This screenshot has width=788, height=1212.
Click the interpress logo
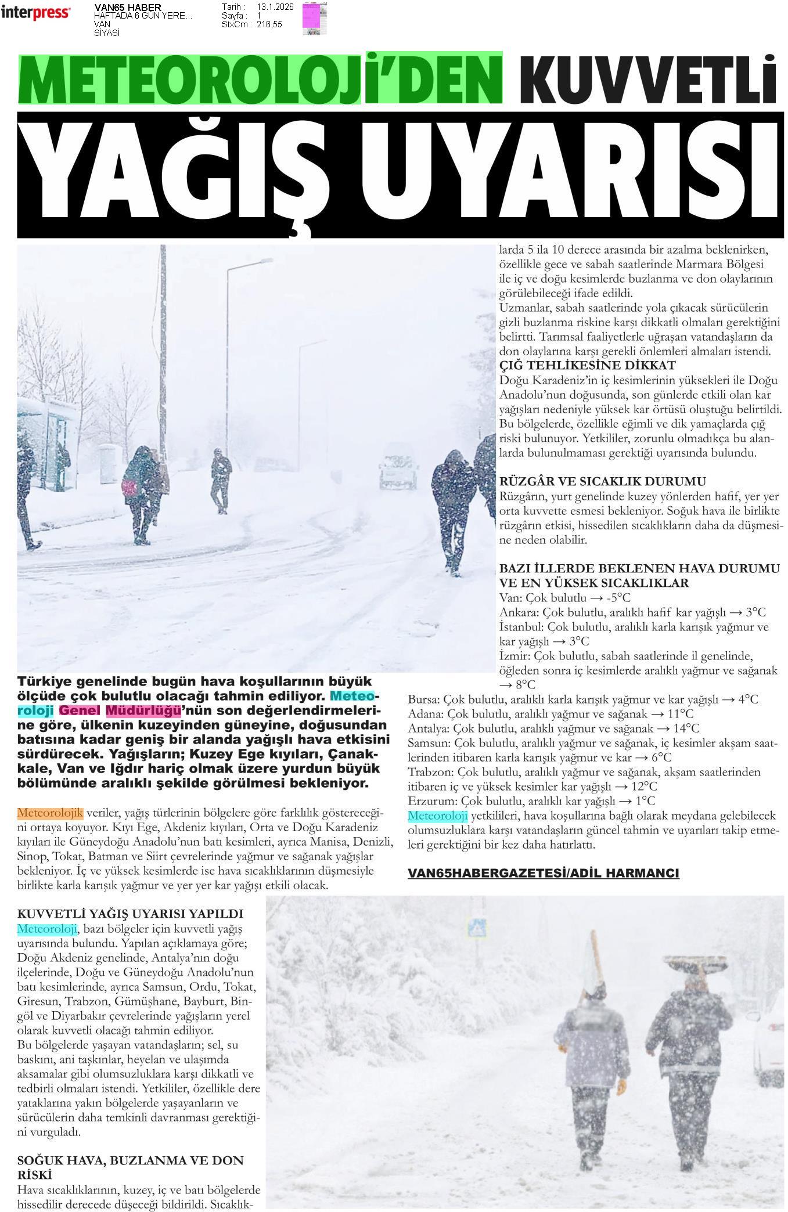35,13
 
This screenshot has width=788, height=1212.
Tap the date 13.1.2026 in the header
275,7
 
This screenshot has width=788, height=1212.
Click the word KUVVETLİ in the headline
647,80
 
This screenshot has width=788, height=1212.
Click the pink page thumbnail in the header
314,19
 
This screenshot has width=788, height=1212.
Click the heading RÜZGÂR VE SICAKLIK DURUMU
602,481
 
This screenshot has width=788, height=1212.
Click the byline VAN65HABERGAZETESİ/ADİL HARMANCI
543,873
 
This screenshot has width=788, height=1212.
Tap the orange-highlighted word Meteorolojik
50,812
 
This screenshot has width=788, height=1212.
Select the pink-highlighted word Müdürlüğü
143,710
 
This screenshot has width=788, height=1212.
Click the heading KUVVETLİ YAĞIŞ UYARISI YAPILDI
130,914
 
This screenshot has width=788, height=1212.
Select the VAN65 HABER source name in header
128,7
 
